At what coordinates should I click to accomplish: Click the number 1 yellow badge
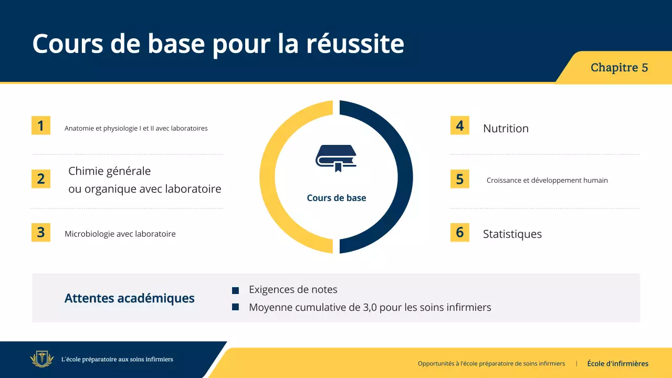(41, 125)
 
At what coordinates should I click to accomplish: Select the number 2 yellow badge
(41, 179)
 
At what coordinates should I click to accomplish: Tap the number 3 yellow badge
(41, 232)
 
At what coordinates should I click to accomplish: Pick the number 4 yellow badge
(460, 125)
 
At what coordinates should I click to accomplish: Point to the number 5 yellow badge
(460, 179)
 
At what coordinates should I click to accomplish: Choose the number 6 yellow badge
(460, 232)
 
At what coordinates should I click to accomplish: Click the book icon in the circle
(336, 158)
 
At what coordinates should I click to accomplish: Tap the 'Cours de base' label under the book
(337, 198)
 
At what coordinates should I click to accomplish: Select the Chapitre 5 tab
(619, 68)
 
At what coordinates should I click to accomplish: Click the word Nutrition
(506, 129)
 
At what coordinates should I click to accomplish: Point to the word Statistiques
(512, 234)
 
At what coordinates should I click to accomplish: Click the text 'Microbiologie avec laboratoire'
(120, 234)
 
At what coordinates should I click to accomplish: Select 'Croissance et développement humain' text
(547, 181)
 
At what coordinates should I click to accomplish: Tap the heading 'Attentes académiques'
(129, 299)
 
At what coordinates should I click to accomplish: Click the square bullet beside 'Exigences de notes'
(236, 290)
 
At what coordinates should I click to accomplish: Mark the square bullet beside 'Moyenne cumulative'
(236, 307)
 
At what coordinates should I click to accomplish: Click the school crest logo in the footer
(42, 360)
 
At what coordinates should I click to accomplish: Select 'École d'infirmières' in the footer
(617, 363)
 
